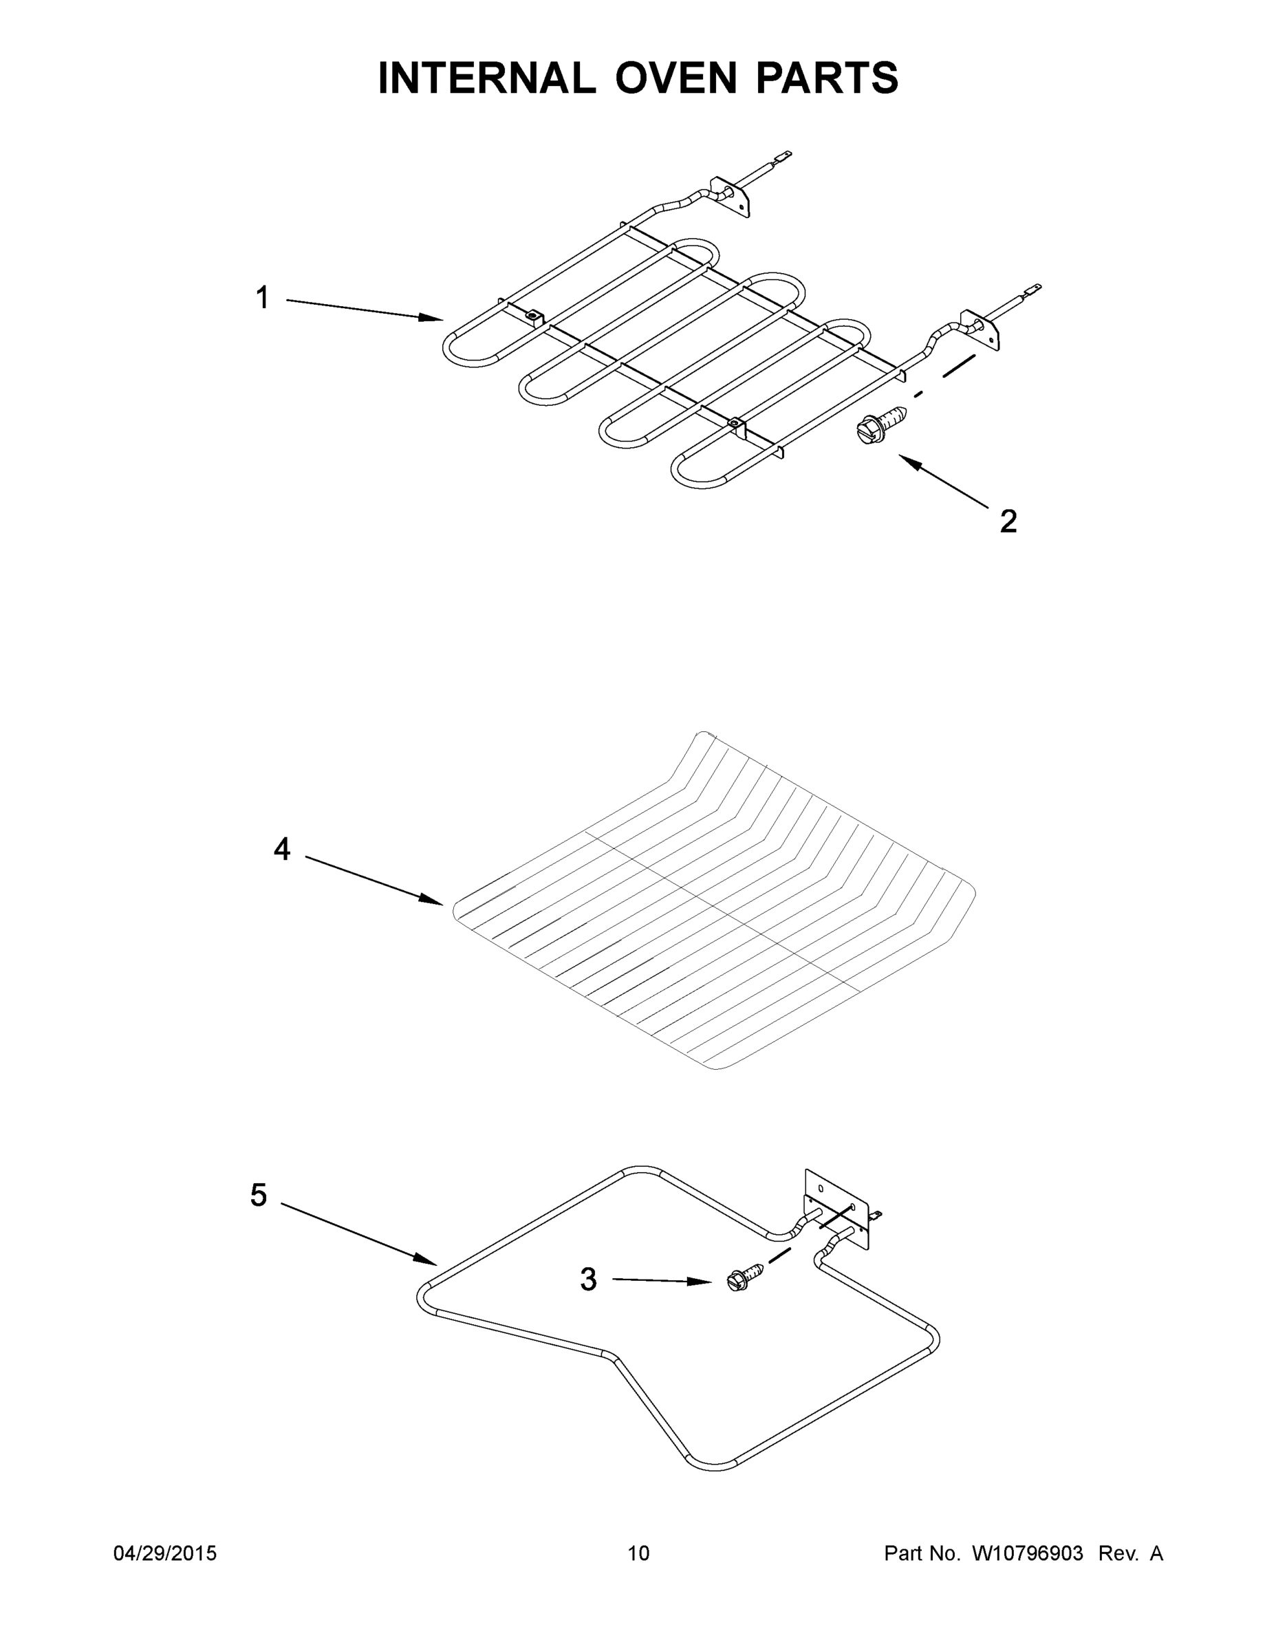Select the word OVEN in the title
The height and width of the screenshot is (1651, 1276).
(675, 78)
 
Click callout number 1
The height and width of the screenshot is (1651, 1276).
(262, 298)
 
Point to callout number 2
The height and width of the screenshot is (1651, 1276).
(1008, 521)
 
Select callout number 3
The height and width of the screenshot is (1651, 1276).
(588, 1280)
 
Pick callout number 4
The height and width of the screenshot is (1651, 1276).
(281, 850)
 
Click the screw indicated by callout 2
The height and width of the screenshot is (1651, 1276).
(881, 425)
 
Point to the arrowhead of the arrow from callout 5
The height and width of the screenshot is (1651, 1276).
(429, 1261)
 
